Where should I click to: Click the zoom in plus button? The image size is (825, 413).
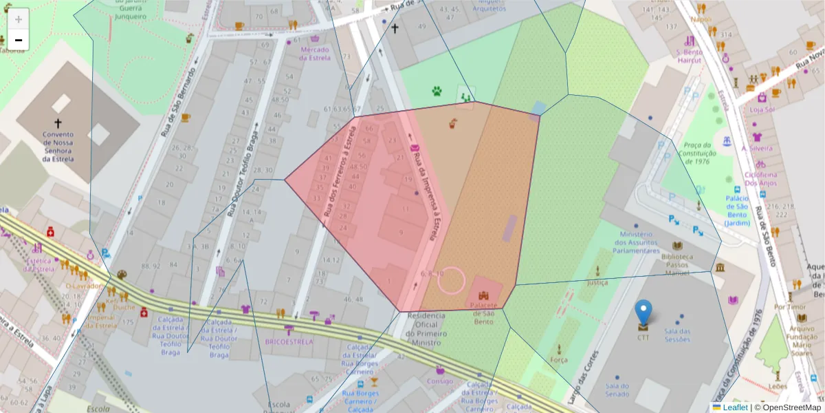coord(19,19)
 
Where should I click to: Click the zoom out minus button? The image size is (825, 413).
coord(19,40)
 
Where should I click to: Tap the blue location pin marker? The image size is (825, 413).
coord(643,313)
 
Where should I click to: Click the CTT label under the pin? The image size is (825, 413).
coord(643,338)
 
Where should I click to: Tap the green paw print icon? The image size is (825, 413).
coord(437,91)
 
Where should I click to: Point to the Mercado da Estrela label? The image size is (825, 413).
coord(315,54)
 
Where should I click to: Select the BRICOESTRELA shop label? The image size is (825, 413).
coord(289,341)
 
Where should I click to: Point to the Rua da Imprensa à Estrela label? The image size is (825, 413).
coord(423,195)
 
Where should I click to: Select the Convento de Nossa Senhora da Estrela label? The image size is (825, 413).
coord(58,147)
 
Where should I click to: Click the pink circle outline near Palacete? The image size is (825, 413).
coord(452,281)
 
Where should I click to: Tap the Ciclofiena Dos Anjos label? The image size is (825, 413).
coord(760,179)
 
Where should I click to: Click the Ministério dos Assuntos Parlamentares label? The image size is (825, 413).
coord(637,242)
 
